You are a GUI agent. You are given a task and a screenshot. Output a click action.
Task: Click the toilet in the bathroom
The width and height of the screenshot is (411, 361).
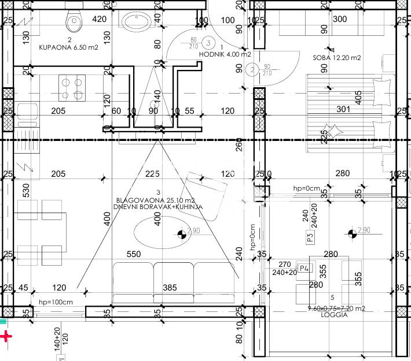73,21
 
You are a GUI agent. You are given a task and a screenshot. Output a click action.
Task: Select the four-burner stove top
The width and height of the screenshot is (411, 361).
71,88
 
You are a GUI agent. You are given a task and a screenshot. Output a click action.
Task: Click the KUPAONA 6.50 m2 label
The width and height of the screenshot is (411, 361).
68,48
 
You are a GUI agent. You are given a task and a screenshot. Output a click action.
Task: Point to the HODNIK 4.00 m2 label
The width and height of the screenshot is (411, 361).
225,54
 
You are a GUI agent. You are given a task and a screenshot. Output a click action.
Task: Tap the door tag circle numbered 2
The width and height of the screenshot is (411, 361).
251,70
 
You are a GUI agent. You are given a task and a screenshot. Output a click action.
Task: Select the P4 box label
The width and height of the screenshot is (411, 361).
306,267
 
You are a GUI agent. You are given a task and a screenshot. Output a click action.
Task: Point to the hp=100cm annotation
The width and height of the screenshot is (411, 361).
56,302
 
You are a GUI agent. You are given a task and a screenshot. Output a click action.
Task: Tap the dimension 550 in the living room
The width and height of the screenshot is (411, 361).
134,254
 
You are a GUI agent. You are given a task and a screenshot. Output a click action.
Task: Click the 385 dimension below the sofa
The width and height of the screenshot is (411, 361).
170,287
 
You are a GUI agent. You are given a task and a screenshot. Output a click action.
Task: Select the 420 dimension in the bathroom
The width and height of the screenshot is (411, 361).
100,19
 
